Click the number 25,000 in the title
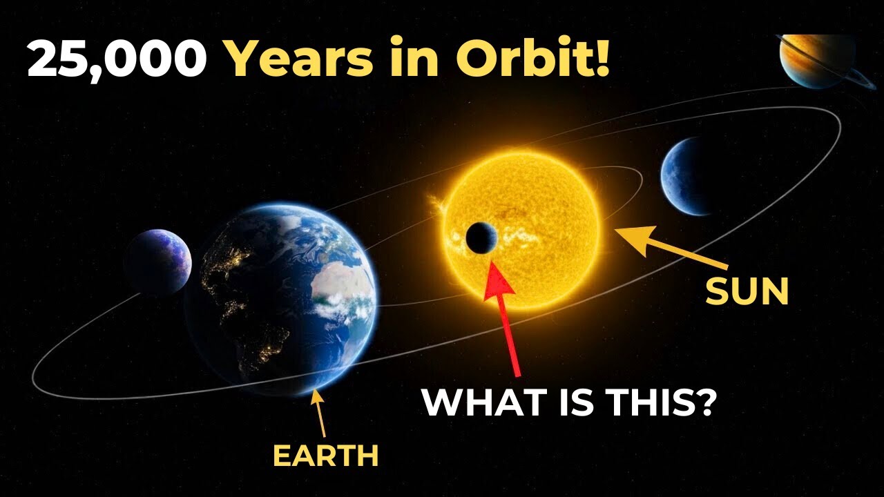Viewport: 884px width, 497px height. coord(117,59)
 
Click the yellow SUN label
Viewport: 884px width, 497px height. coord(747,292)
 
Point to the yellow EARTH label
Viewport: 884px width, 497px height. coord(326,456)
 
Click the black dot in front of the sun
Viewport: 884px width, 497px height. coord(481,238)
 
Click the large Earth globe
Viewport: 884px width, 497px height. coord(283,297)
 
